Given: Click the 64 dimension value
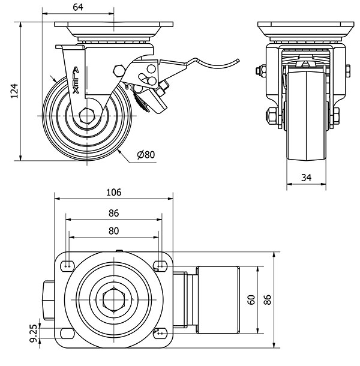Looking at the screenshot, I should (x=79, y=7).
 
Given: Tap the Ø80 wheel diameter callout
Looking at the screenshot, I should (x=146, y=155).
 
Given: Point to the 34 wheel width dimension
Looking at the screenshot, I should (x=306, y=177).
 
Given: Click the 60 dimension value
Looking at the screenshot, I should (x=252, y=298).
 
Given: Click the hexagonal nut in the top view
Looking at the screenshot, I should (x=114, y=298).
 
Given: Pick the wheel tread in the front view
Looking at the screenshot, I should (x=306, y=144).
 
